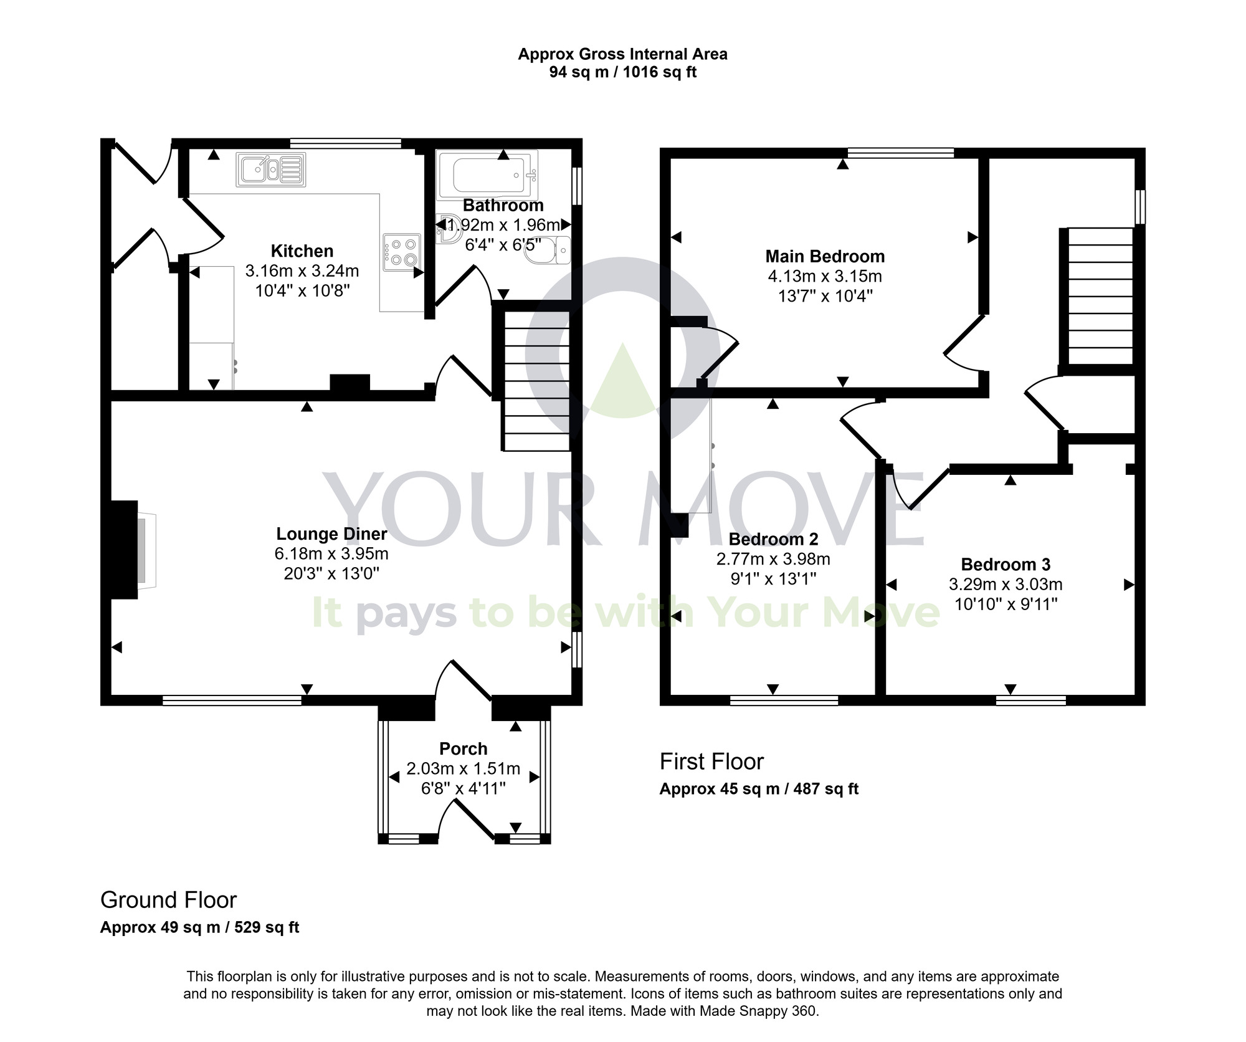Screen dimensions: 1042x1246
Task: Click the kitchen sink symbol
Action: click(x=271, y=170)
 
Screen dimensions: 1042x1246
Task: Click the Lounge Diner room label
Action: click(x=331, y=534)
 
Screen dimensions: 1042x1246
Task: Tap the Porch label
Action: click(x=463, y=748)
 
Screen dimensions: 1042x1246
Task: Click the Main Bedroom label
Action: click(x=825, y=256)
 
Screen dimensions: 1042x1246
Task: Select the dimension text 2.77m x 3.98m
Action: click(x=773, y=559)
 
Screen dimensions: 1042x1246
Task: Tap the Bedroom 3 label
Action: click(x=1006, y=565)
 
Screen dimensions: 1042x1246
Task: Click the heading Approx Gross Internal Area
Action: click(x=622, y=54)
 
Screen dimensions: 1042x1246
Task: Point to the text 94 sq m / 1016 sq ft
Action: click(x=622, y=72)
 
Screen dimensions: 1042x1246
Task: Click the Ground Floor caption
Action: click(x=168, y=900)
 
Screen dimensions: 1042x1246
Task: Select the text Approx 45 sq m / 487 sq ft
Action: click(x=759, y=789)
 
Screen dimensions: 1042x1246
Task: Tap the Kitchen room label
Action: click(x=302, y=251)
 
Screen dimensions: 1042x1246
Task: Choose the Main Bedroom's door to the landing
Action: click(x=964, y=343)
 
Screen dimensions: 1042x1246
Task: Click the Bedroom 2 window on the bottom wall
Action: click(x=784, y=700)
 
